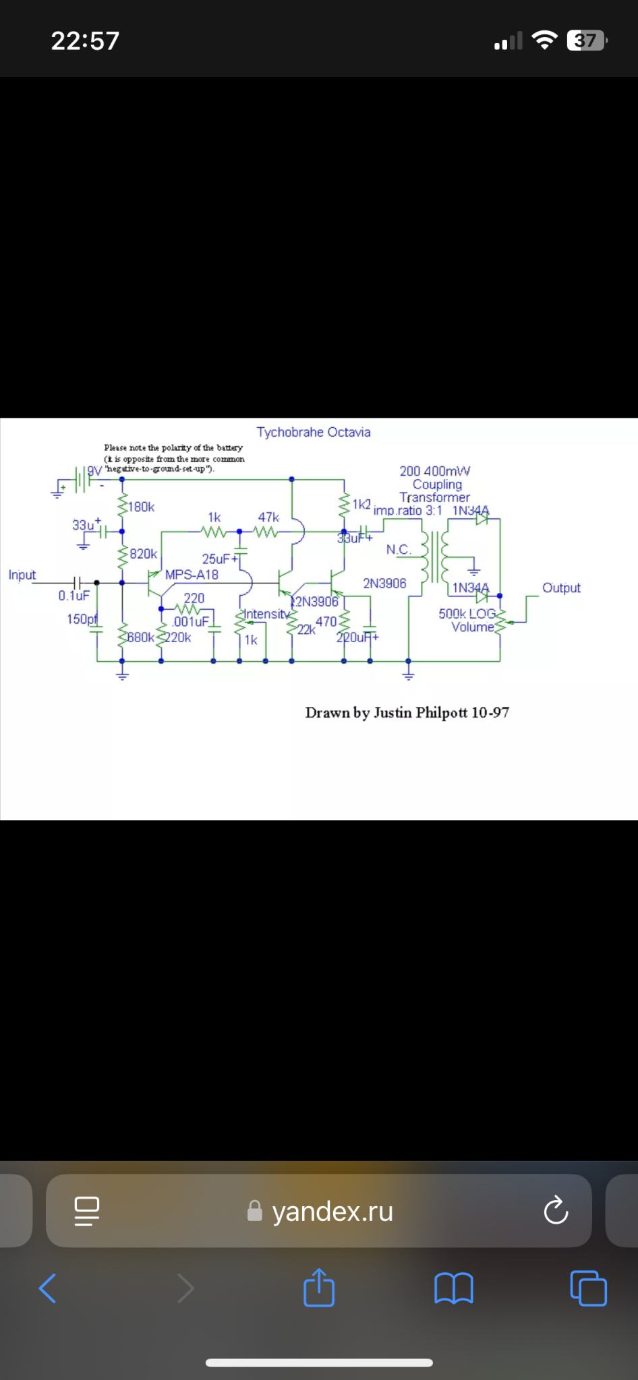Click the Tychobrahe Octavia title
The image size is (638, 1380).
coord(313,432)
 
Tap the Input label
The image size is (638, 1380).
coord(22,575)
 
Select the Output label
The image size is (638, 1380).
coord(561,588)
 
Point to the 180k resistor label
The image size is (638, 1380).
coord(141,507)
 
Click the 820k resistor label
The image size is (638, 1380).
coord(143,554)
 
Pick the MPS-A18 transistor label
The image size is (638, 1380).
coord(192,575)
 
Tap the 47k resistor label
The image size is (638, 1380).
coord(268,517)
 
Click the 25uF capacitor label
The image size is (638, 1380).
coord(217,559)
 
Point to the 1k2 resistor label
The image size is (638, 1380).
coord(361,504)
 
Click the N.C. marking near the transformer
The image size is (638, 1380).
coord(398,550)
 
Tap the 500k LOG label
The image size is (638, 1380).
coord(467,614)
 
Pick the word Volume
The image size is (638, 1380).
coord(472,627)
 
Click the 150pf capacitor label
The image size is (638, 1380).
coord(82,619)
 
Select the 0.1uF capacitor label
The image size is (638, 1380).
coord(74,596)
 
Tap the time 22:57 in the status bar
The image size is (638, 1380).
coord(85,41)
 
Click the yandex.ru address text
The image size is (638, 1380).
coord(332,1212)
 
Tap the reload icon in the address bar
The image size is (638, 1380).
coord(556,1211)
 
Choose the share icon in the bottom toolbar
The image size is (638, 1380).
coord(319,1288)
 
